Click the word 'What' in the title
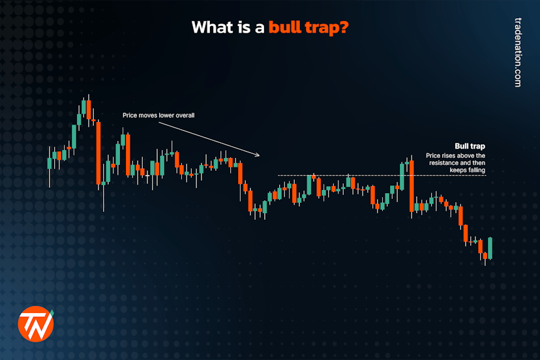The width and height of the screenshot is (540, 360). pos(212,28)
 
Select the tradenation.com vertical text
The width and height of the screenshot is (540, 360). pos(518,52)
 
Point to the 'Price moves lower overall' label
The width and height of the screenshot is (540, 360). pos(159,115)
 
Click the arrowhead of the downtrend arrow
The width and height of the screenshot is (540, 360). pos(258,155)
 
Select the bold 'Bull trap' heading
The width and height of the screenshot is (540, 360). pos(470,146)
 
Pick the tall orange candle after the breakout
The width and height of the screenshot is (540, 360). pos(412,186)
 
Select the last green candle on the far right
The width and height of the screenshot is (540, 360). pos(490,248)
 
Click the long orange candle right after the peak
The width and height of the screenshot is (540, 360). pos(98,152)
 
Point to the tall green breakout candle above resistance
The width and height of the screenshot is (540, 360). pos(402,176)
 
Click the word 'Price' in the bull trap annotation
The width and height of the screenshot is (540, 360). pos(433,156)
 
